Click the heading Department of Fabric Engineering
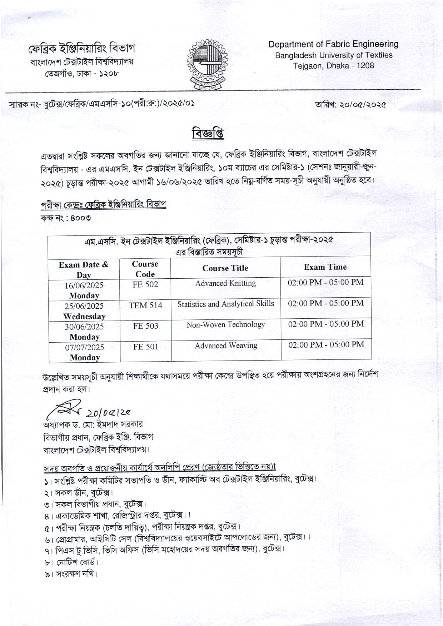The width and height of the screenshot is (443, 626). click(x=333, y=44)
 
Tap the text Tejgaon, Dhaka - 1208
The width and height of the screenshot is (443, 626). click(x=333, y=66)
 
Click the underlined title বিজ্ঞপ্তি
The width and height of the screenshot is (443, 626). click(x=208, y=133)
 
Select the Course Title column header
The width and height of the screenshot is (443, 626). click(x=225, y=268)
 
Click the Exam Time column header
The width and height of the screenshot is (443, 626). click(x=325, y=267)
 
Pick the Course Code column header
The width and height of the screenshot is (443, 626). click(x=145, y=269)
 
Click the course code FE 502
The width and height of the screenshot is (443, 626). click(x=145, y=284)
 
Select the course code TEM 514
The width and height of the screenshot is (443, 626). click(x=145, y=305)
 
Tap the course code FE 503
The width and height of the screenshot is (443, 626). click(x=145, y=326)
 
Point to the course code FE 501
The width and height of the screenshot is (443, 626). click(x=145, y=347)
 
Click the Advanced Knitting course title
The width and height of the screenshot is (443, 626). click(x=225, y=283)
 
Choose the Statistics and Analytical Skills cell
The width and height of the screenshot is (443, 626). click(x=225, y=304)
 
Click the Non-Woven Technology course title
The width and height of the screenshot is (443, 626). click(x=225, y=324)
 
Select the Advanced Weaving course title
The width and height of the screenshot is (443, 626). click(x=226, y=346)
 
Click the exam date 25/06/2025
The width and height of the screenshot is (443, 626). click(x=84, y=306)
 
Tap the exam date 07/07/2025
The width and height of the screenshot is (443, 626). click(x=84, y=347)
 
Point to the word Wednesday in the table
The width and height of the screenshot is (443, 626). click(x=84, y=316)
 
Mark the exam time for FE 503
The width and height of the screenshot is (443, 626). click(x=326, y=324)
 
